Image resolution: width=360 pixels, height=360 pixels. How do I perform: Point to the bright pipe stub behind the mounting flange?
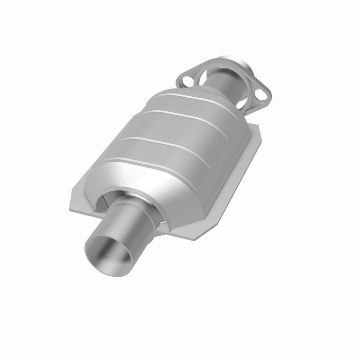[234, 63]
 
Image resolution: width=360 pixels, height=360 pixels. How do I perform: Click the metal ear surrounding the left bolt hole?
[182, 81]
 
